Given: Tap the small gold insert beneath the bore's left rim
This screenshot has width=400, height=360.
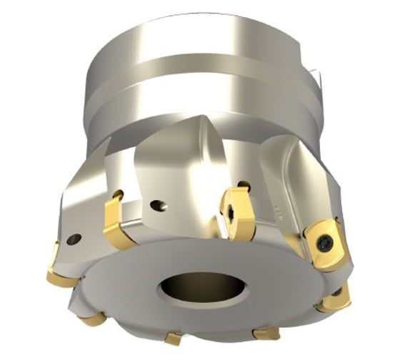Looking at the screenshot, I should click(174, 337).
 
